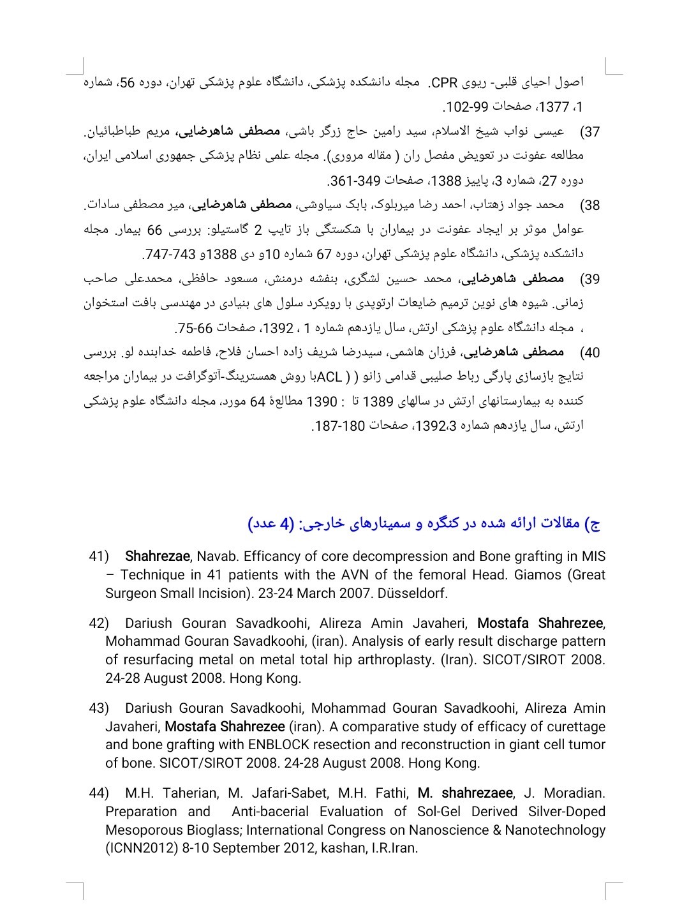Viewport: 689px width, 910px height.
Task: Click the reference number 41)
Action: point(99,556)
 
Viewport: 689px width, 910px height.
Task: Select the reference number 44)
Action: point(99,793)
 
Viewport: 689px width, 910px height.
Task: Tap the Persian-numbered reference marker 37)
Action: point(591,132)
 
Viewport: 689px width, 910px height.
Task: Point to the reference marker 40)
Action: point(591,352)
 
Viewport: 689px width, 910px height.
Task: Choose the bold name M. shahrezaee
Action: point(465,793)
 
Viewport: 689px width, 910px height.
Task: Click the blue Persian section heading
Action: point(425,523)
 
